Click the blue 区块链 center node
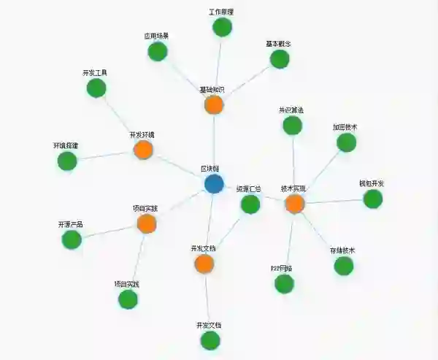(x=214, y=184)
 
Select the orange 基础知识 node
(x=213, y=105)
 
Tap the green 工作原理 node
(x=222, y=28)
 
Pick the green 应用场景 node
(x=158, y=52)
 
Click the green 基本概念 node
(x=280, y=59)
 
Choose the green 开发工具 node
(x=96, y=88)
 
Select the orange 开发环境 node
(x=143, y=150)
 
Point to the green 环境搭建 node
(x=67, y=161)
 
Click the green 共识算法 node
(x=292, y=126)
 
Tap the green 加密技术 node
(x=346, y=142)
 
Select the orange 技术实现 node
(x=294, y=204)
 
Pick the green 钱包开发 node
(x=372, y=199)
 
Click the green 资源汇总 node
(x=250, y=204)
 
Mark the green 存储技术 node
(x=344, y=266)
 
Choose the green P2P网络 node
(x=284, y=284)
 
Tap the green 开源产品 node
(x=72, y=240)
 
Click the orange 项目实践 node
(x=147, y=223)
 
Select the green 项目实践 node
(x=128, y=299)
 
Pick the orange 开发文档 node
(x=204, y=264)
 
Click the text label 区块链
(x=211, y=169)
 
